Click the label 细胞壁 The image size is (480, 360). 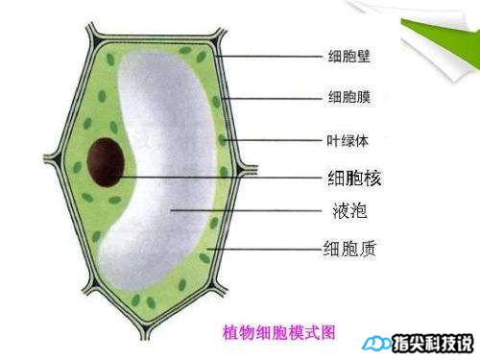tap(348, 56)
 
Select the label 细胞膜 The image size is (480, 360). tap(348, 97)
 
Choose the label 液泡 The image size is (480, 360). tap(344, 209)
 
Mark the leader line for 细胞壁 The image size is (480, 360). tap(269, 56)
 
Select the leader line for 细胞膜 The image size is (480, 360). tap(274, 97)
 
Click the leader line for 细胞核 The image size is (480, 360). tap(221, 177)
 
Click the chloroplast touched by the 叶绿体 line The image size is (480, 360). tap(223, 140)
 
